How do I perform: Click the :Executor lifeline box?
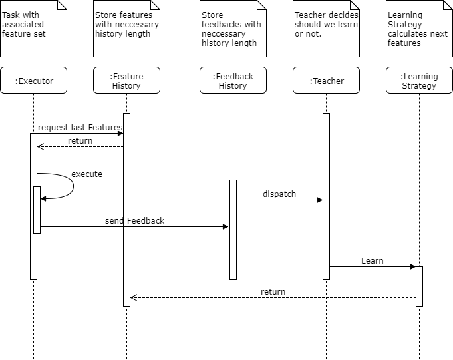(x=33, y=81)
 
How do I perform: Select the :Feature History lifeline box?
(x=126, y=81)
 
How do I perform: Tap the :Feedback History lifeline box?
(x=233, y=81)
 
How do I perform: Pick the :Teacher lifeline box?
(x=326, y=81)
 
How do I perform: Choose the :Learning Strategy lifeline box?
(x=419, y=81)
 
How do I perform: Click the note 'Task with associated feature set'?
(x=33, y=29)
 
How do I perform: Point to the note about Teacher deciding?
(x=326, y=29)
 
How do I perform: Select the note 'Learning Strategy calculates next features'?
(x=419, y=29)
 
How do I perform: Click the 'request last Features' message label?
(x=80, y=127)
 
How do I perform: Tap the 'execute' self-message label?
(x=86, y=174)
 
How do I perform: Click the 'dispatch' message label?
(x=279, y=194)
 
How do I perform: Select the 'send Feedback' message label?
(x=134, y=221)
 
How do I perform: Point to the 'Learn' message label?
(x=373, y=261)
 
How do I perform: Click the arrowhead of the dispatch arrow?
(x=320, y=200)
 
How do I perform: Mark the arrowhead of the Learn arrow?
(x=413, y=266)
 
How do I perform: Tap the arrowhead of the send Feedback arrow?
(x=226, y=226)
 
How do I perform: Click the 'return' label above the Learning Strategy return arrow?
(x=273, y=292)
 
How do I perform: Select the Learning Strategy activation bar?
(x=419, y=286)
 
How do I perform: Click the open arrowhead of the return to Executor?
(x=40, y=147)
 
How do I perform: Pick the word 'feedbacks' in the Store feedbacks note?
(x=219, y=24)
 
